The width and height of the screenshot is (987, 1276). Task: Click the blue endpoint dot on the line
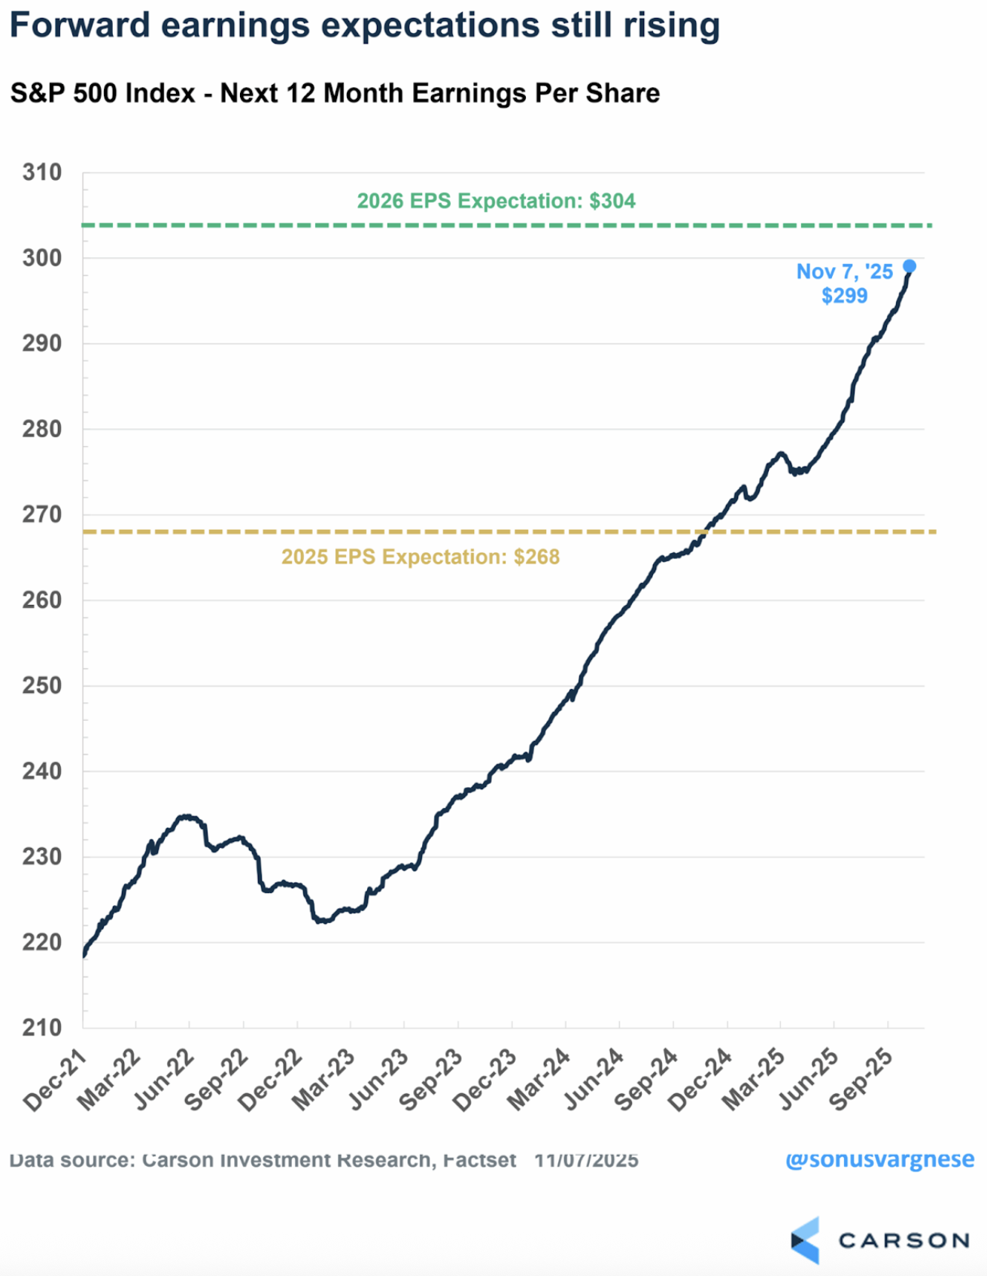[x=910, y=266]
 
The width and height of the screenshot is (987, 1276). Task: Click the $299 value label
[x=844, y=296]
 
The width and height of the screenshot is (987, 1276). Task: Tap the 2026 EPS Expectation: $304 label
[x=496, y=201]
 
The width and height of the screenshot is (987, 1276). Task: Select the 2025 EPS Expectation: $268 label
[x=421, y=557]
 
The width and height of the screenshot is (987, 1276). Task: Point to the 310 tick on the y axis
[x=42, y=172]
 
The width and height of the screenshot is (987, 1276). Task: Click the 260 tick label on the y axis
[x=42, y=600]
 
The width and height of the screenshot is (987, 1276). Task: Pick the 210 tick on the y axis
[x=42, y=1028]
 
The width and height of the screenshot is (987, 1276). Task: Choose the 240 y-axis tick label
[x=42, y=771]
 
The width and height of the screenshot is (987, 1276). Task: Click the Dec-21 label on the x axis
[x=54, y=1082]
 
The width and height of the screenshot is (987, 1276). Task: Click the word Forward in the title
[x=80, y=25]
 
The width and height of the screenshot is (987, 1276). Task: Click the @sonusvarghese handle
[x=879, y=1159]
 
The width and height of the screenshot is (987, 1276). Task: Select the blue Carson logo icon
[x=805, y=1240]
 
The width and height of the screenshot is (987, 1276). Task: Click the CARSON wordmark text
[x=903, y=1241]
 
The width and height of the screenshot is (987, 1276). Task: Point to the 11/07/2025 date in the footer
[x=586, y=1160]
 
